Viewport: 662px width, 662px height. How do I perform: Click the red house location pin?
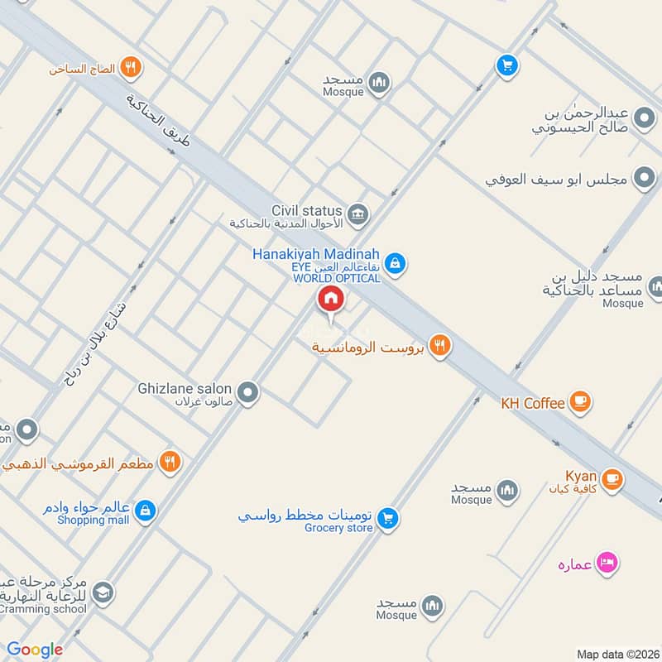pos(330,300)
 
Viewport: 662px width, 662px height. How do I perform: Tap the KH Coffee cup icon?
pos(581,403)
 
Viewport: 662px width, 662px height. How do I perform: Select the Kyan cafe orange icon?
pos(612,479)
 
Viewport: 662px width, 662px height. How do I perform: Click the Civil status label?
pos(306,210)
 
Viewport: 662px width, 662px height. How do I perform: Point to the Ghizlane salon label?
pos(185,388)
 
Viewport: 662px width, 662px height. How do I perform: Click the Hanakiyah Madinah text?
pos(316,254)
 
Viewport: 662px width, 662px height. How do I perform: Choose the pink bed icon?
pos(608,564)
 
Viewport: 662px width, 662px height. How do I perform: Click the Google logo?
pos(35,650)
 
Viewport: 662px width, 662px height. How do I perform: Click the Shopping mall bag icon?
pos(146,509)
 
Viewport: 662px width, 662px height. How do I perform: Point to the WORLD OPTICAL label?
pos(337,279)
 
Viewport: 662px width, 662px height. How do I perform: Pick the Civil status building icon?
pos(357,214)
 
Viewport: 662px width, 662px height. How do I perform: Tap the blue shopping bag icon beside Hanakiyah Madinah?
pos(396,262)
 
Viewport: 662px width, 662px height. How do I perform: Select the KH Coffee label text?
pos(533,403)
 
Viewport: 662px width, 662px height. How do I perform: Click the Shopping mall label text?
pos(93,520)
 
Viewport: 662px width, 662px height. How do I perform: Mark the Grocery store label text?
pos(338,528)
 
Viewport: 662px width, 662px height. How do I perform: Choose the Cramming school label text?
pos(43,609)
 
